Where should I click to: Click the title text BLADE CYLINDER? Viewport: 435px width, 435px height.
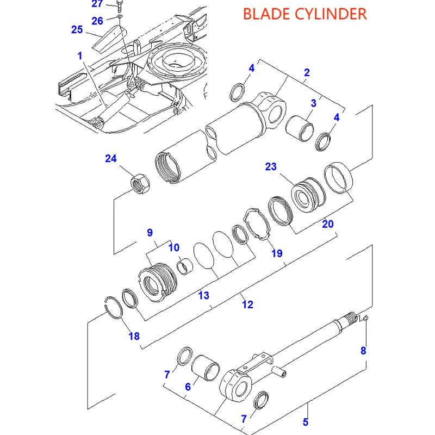click(x=304, y=14)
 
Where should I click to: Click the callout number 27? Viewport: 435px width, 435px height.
click(x=97, y=4)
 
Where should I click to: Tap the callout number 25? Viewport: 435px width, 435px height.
click(x=77, y=29)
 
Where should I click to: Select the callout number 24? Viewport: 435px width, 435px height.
click(x=110, y=159)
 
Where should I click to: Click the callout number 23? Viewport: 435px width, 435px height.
click(x=271, y=166)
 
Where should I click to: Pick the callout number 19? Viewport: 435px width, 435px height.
click(x=277, y=253)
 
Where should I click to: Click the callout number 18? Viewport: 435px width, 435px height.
click(x=134, y=336)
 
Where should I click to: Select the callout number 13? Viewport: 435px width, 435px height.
click(x=203, y=295)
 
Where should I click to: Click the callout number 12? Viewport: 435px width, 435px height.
click(x=247, y=304)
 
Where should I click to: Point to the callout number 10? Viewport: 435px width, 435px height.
click(x=173, y=248)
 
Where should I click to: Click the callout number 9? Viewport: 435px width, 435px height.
click(x=150, y=233)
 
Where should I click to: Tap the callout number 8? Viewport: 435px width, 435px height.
click(x=363, y=351)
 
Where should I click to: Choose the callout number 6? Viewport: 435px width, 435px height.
click(x=188, y=387)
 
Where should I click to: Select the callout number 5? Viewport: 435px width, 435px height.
click(x=306, y=421)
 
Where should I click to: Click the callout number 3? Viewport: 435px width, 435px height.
click(x=314, y=103)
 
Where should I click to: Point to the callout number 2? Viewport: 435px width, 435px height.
click(x=307, y=73)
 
